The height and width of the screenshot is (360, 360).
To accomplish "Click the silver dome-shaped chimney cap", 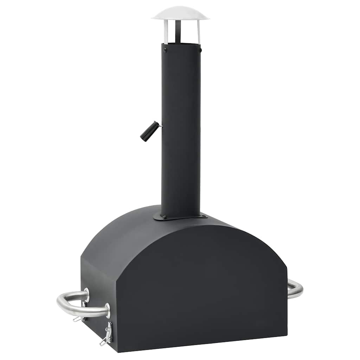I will (x=180, y=13).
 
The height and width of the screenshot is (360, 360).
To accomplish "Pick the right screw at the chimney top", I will (x=200, y=50).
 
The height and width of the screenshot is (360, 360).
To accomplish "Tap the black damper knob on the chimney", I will (x=147, y=131).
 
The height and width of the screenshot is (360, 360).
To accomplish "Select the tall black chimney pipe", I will (x=181, y=134).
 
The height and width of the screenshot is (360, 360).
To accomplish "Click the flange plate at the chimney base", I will (x=180, y=217).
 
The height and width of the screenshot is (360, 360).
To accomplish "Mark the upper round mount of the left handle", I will (x=86, y=295).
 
